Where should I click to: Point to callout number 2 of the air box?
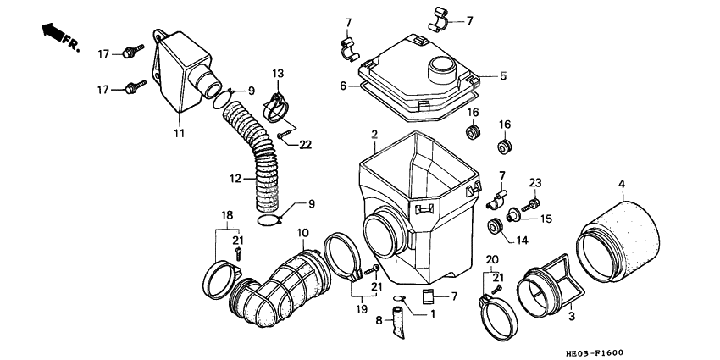point(374,135)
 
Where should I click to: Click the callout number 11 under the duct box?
point(179,133)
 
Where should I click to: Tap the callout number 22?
point(305,145)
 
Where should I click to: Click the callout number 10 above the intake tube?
point(302,232)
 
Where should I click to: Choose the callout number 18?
point(226,216)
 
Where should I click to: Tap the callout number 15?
point(546,219)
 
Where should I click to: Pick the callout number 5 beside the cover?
point(503,75)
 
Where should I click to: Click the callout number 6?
point(344,86)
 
